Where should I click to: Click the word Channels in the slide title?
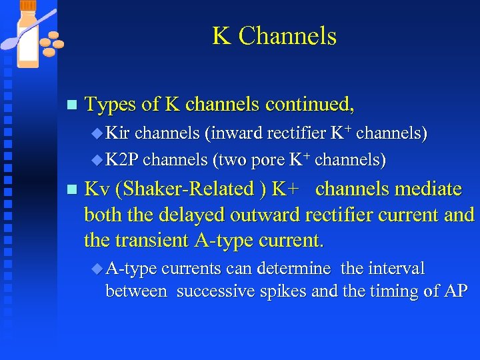287,36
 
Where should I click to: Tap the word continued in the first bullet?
309,105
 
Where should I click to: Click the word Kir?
119,133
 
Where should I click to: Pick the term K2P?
122,160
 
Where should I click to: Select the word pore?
268,161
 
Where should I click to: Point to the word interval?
391,269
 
